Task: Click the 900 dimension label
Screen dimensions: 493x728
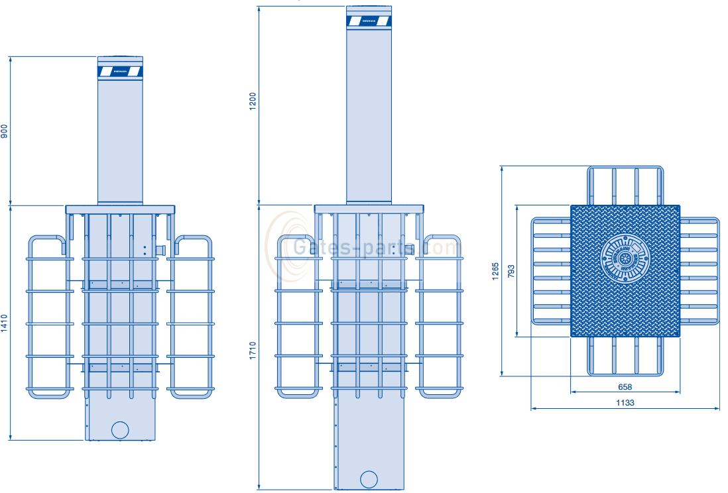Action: tap(5, 131)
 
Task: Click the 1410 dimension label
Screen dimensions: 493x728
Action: tap(5, 323)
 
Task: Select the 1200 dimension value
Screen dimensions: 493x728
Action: tap(253, 103)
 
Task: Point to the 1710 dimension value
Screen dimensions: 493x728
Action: tap(253, 349)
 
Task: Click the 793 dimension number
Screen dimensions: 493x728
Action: tap(511, 271)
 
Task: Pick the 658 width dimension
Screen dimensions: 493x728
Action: tap(625, 387)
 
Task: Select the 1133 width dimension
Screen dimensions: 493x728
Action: tap(625, 403)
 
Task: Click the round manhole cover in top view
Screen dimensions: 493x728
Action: tap(625, 257)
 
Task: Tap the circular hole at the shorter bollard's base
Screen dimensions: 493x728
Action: tap(120, 429)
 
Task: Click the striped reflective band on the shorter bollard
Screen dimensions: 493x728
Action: tap(120, 71)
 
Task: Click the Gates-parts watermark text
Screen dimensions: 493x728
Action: tap(375, 248)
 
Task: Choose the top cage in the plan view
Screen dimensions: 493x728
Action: tap(625, 185)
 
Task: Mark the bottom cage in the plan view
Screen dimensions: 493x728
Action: tap(625, 356)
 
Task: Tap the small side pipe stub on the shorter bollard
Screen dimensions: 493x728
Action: tap(160, 249)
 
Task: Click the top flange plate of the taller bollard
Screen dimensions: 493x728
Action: tap(369, 209)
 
